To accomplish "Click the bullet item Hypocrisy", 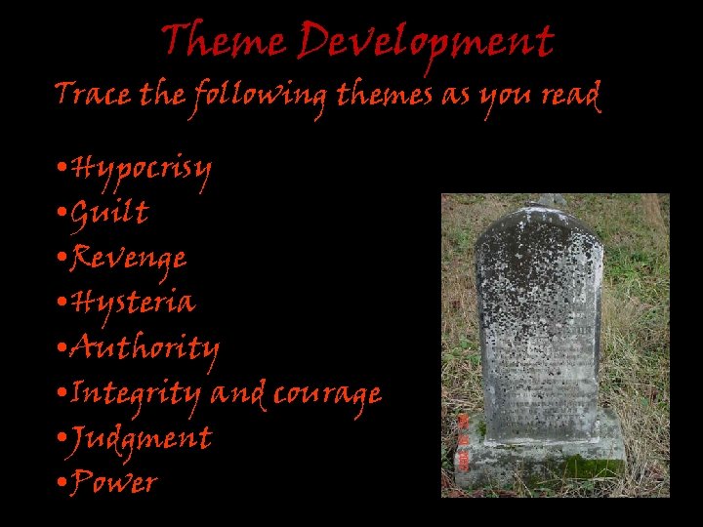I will (142, 170).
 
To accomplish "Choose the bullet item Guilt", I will (110, 212).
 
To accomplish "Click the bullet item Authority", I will (145, 348).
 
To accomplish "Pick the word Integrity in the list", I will (137, 394).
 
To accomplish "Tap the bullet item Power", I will (114, 482).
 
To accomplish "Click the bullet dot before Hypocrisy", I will (62, 168).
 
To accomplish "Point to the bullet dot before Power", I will (62, 481).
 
